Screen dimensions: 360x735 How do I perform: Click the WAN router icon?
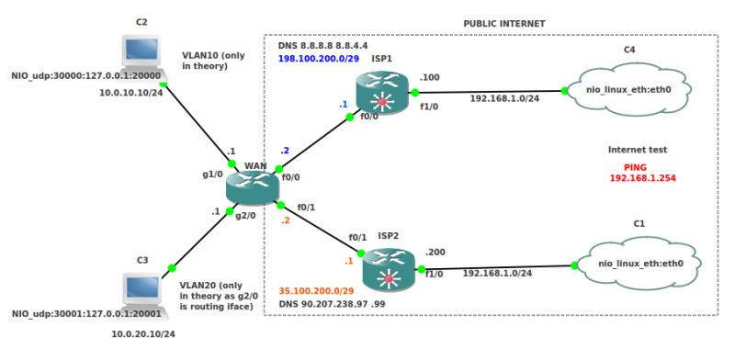click(252, 186)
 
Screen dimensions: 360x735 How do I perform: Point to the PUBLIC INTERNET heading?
click(503, 23)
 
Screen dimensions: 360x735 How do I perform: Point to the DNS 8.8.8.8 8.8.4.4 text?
click(322, 45)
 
